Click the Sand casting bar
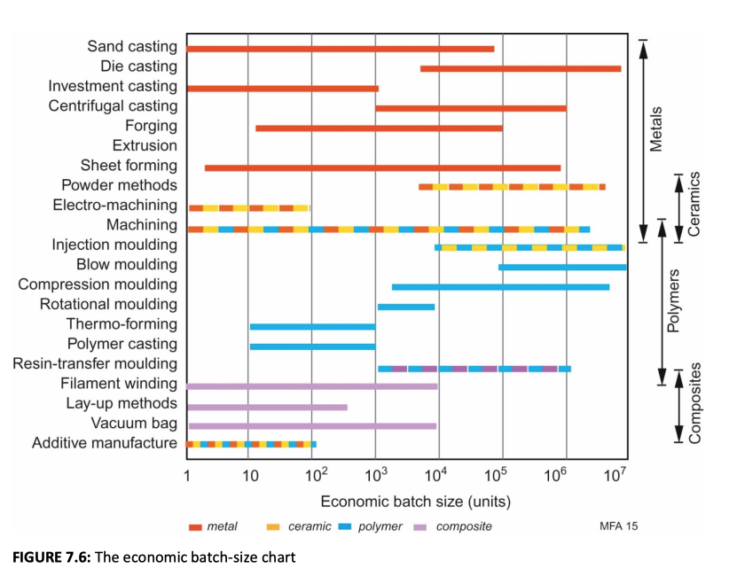point(340,48)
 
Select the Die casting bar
point(520,68)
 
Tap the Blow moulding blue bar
point(561,267)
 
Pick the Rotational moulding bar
point(405,307)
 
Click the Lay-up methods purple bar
point(266,408)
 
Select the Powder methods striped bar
point(512,187)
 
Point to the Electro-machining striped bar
point(248,208)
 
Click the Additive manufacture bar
point(251,444)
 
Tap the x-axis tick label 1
point(187,478)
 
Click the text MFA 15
point(618,526)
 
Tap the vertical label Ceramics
point(694,203)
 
